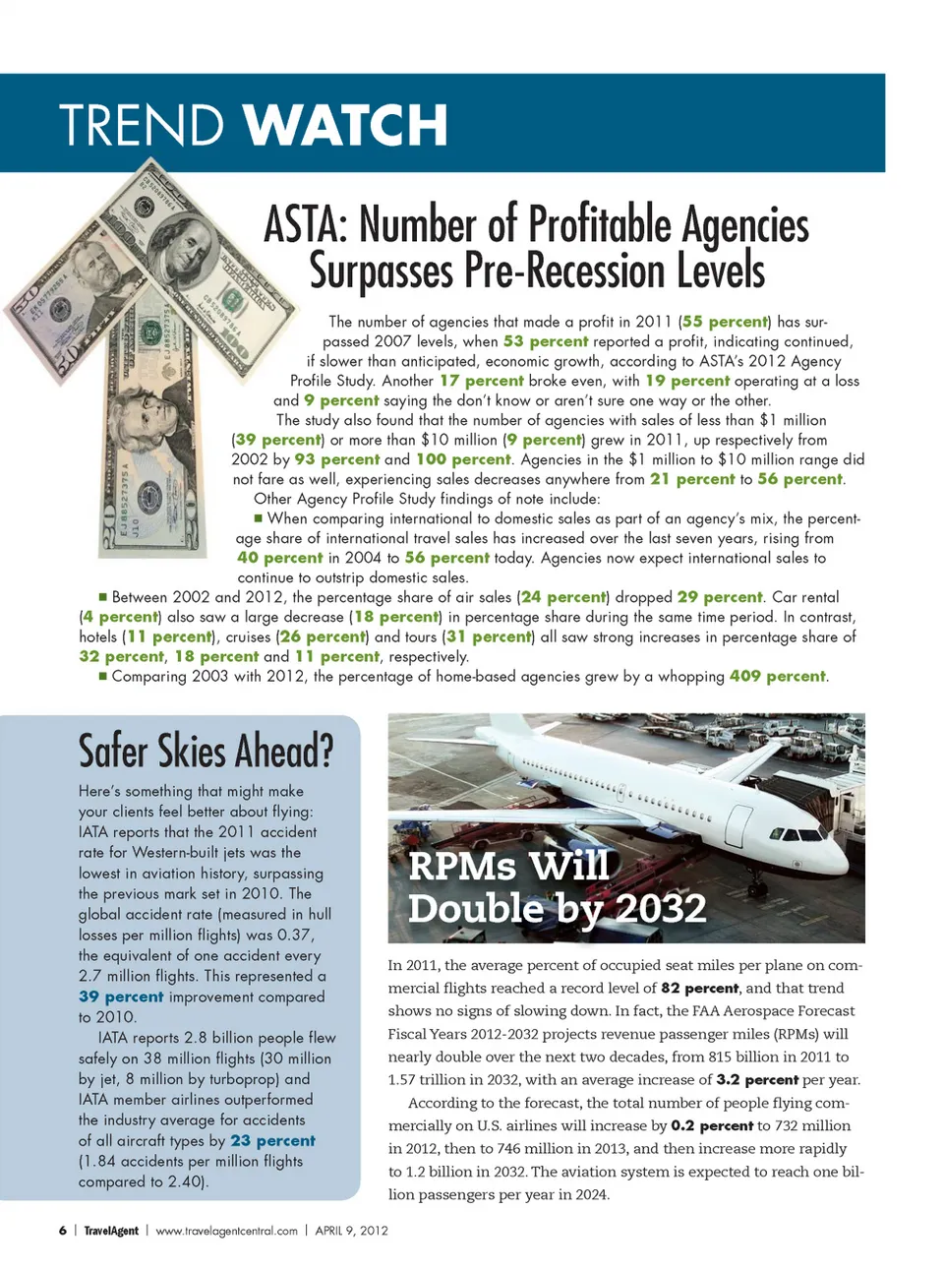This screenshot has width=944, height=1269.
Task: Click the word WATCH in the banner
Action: coord(345,125)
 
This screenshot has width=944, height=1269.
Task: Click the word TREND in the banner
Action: coord(142,125)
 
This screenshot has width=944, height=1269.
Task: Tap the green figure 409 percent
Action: coord(777,676)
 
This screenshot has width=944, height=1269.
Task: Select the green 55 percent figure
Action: coord(726,322)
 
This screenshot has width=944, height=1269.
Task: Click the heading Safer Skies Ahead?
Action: coord(206,752)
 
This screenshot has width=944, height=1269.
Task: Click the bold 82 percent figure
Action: coord(699,988)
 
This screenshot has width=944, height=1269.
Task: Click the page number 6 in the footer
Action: coord(63,1231)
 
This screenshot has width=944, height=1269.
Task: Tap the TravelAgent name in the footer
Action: coord(111,1231)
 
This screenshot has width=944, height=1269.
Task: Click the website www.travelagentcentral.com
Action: coord(226,1231)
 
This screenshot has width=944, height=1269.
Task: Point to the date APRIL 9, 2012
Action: coord(351,1231)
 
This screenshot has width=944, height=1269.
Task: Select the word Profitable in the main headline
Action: coord(600,225)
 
